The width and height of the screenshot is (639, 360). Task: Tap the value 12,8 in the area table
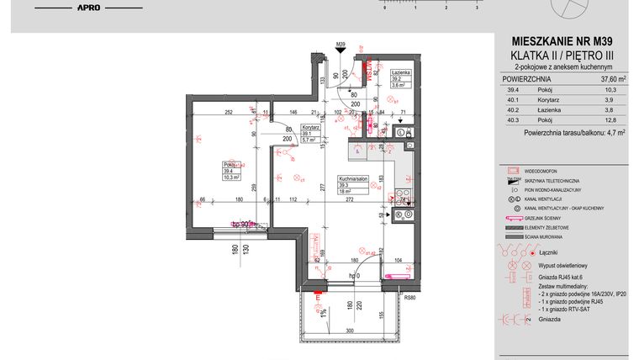[610, 119]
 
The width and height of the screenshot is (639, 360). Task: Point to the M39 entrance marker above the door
[341, 44]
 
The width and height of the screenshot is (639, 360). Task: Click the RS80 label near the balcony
[410, 296]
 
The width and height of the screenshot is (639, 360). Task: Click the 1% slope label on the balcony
[322, 314]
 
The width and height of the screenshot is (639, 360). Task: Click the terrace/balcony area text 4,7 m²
[610, 132]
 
